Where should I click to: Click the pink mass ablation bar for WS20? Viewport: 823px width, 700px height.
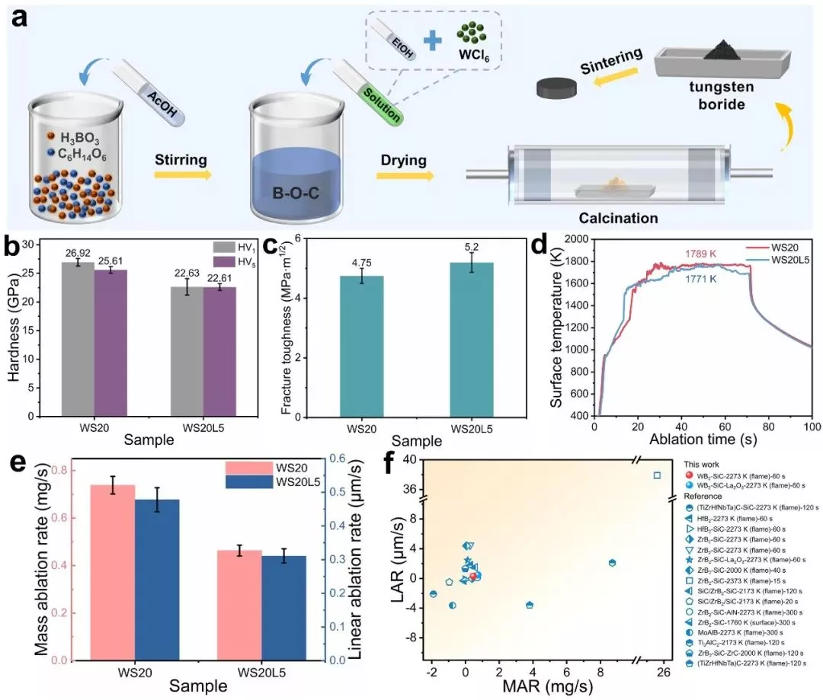97,572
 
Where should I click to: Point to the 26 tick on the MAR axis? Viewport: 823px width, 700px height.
663,671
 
